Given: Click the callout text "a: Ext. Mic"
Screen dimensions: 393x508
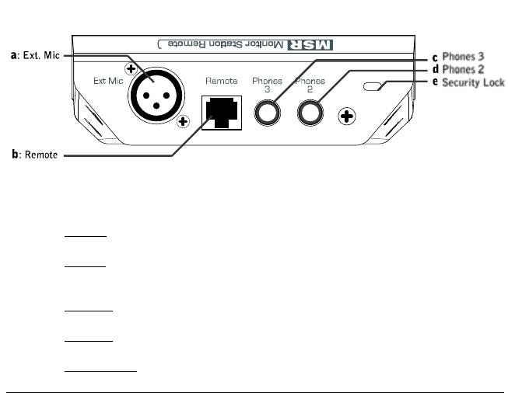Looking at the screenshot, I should tap(35, 56).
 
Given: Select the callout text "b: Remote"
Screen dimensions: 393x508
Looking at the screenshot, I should tap(34, 155).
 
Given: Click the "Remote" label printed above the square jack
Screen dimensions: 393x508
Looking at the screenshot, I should tap(221, 80).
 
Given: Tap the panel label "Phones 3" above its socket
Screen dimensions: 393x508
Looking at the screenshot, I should tap(267, 84).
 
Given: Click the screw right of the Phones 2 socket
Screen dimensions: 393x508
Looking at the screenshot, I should tap(346, 117).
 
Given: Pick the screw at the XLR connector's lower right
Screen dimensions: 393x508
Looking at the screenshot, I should tap(184, 121).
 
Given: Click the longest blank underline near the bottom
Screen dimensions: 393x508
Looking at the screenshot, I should tap(100, 371).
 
